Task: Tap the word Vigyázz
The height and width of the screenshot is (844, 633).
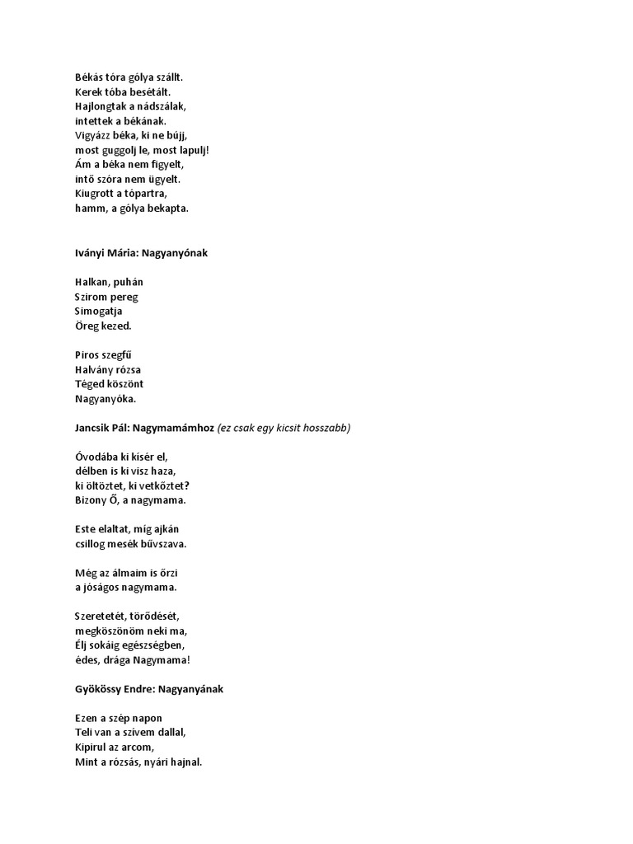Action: tap(92, 135)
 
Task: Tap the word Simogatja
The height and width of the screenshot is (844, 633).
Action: tap(99, 311)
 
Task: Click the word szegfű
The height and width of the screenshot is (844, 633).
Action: tap(122, 355)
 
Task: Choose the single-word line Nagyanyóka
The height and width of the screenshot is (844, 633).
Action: tap(105, 399)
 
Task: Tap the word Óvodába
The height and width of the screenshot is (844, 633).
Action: tap(96, 457)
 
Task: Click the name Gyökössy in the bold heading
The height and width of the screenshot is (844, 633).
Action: tap(99, 689)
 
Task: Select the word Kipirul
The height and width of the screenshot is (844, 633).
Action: tap(92, 748)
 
